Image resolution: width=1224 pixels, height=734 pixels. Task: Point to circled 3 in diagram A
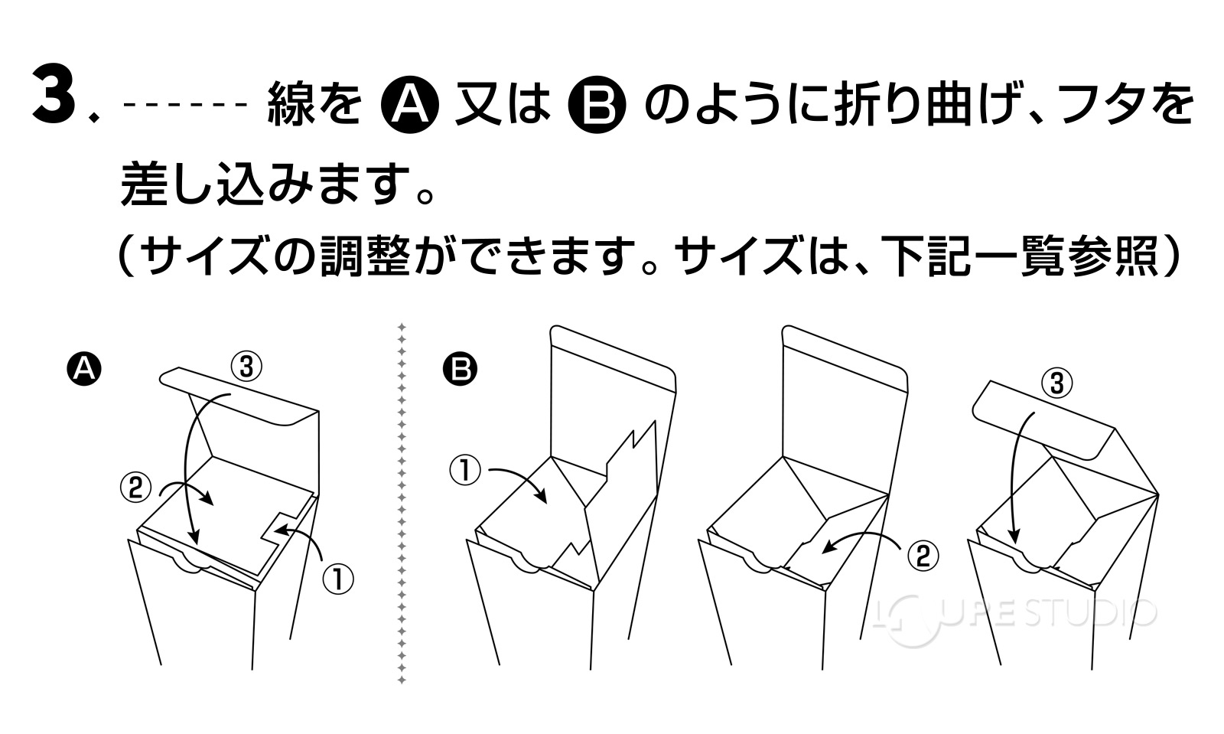tap(246, 367)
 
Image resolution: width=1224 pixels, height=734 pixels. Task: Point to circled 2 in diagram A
tap(135, 488)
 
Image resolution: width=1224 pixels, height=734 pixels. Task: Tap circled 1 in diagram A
tap(337, 579)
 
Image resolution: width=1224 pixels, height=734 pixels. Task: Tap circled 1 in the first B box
tap(464, 470)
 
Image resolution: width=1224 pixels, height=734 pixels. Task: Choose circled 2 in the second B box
tap(923, 555)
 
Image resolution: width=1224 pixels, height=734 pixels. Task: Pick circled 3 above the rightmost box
tap(1057, 383)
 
